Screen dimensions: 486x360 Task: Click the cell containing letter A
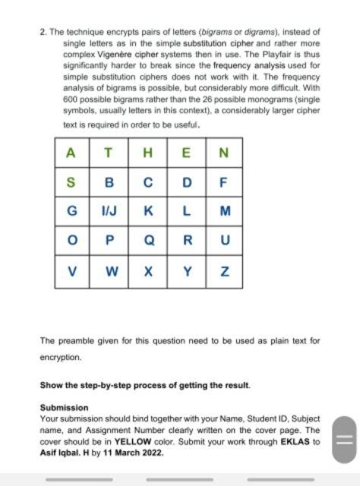(71, 153)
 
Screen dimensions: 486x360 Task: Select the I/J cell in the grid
(109, 212)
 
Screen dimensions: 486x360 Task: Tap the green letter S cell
(71, 182)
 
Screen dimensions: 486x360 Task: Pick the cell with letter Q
(149, 241)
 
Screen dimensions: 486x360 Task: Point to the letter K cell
(149, 212)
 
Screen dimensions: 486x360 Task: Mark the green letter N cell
(223, 153)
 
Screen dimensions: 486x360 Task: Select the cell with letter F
(223, 182)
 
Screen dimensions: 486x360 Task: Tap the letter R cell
(186, 241)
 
